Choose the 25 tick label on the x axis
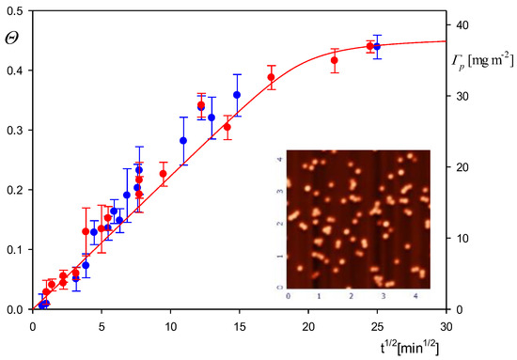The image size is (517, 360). click(x=377, y=325)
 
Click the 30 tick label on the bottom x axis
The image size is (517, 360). click(x=446, y=325)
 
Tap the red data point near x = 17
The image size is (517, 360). click(x=271, y=78)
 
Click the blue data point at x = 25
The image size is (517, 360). click(x=377, y=46)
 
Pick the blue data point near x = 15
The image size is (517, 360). click(x=237, y=95)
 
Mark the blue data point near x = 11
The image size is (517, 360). click(x=183, y=141)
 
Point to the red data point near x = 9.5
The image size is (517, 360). click(x=164, y=174)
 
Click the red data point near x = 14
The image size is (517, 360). click(x=227, y=127)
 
